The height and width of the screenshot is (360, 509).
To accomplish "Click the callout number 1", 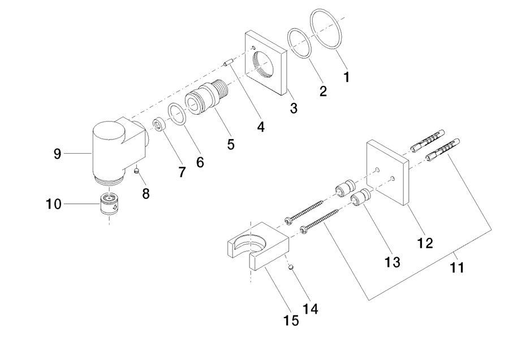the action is point(347,77).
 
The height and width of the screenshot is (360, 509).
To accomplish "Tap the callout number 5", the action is point(231,144).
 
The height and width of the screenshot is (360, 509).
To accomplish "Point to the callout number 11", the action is point(457,268).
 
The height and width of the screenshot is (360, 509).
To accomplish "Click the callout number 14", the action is point(310,309).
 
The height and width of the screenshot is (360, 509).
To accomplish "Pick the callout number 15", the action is point(291,321).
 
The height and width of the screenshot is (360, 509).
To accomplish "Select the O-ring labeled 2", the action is point(299,44).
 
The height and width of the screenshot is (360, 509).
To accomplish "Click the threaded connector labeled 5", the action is point(206,97).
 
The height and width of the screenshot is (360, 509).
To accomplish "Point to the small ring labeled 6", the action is point(177,114).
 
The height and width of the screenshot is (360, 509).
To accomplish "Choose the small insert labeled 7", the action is point(159,125).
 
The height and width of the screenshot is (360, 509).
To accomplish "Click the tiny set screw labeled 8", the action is point(137,170).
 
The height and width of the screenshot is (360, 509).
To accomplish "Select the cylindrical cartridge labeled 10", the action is point(109,203).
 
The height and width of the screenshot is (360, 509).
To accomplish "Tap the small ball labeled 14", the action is point(291,267).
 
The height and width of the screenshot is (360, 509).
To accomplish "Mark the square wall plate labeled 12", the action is point(387,172).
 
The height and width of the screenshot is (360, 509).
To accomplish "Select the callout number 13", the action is point(392,262).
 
